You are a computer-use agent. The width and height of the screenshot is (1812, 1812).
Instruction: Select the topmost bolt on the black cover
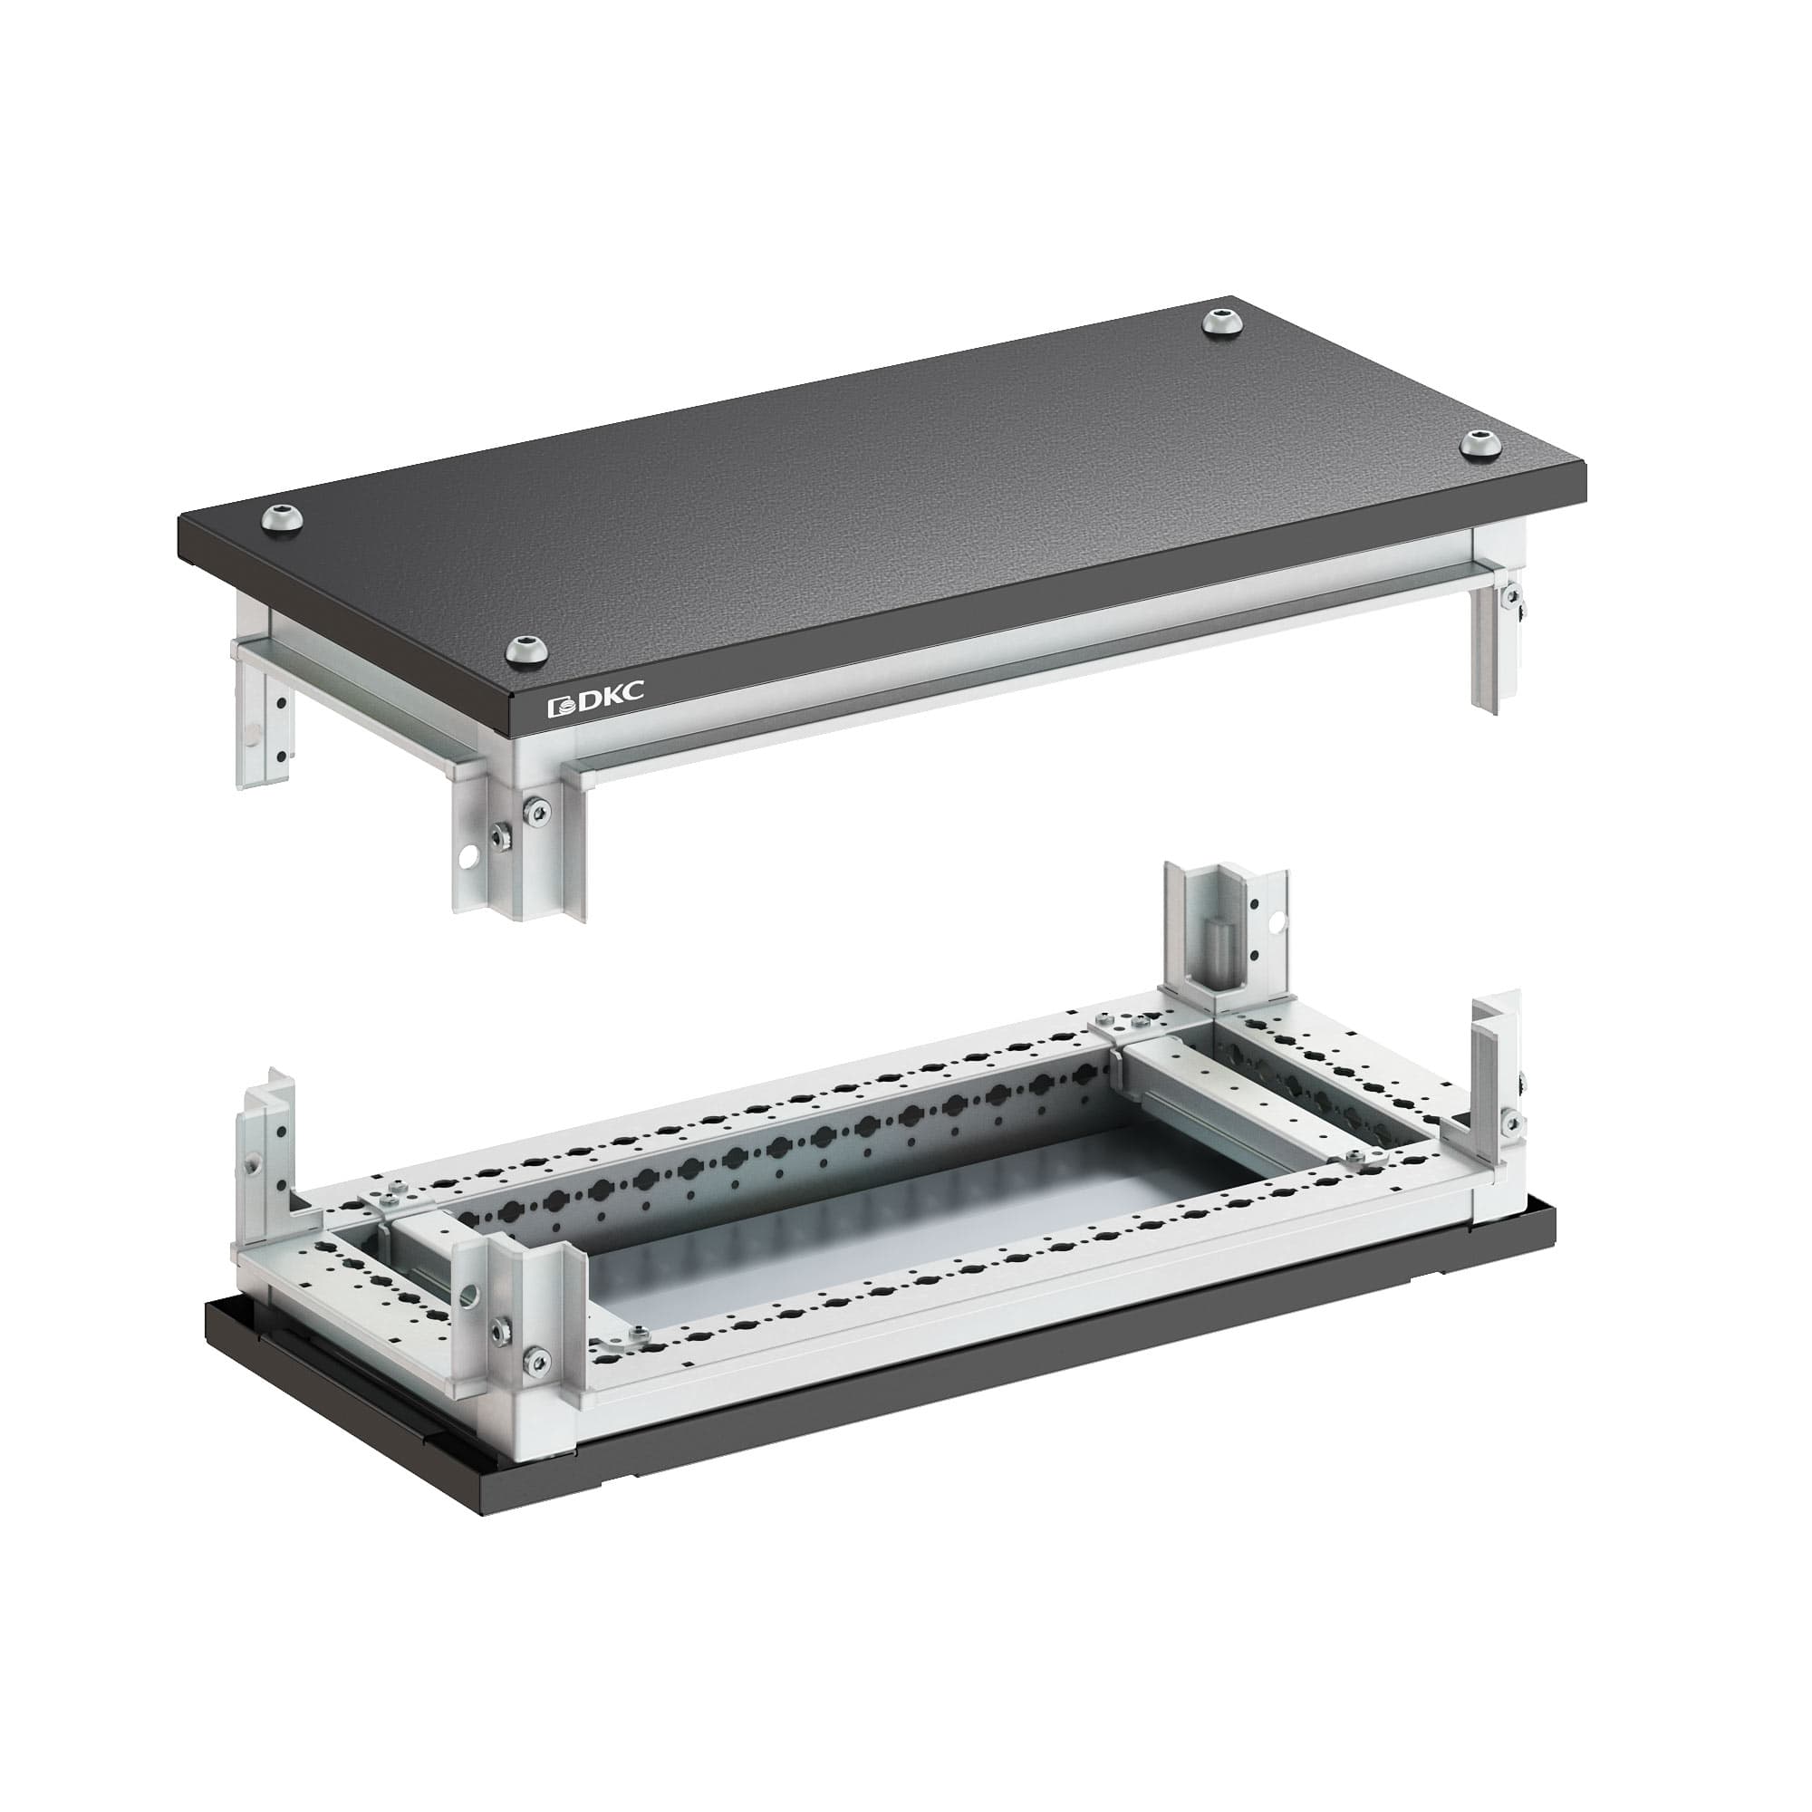tap(1222, 322)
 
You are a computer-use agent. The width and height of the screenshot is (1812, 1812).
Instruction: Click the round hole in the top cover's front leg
tap(467, 856)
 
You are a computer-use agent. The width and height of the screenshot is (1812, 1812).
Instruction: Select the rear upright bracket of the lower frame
tap(1225, 939)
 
